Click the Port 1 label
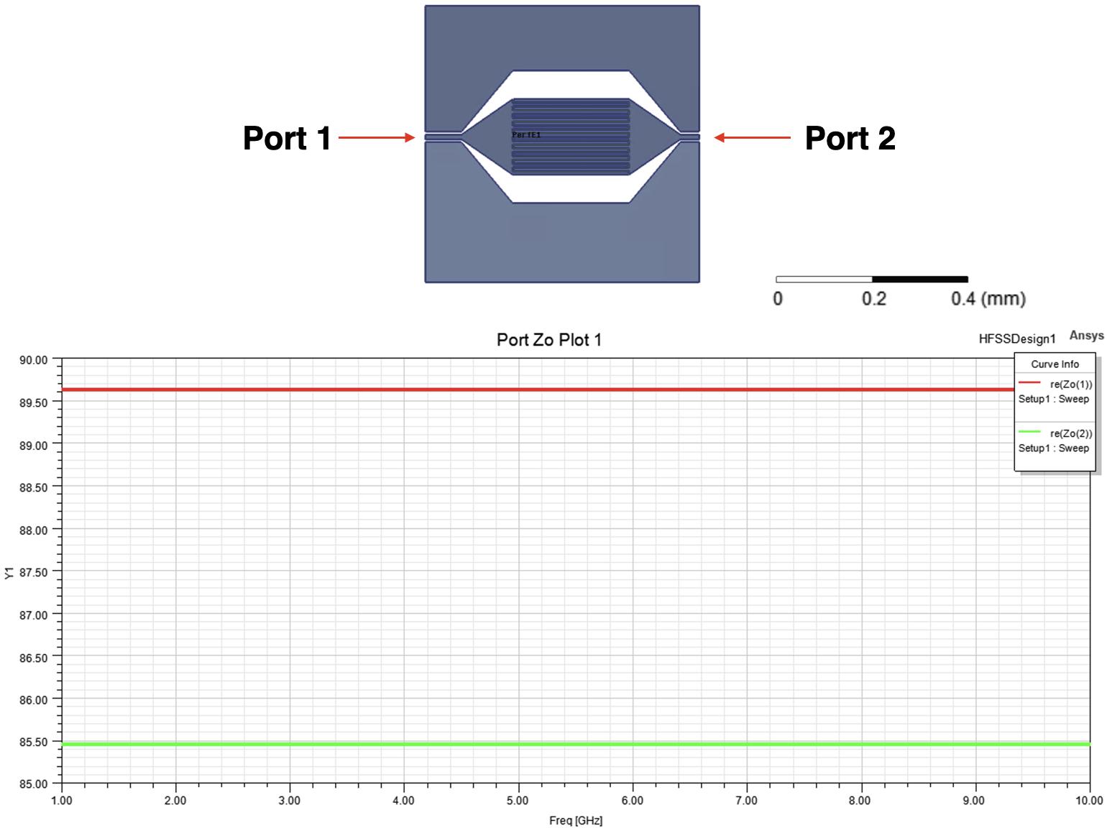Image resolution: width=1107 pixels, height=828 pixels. tap(287, 138)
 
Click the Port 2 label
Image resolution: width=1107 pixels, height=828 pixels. tap(850, 138)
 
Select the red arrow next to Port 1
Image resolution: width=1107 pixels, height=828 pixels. tap(376, 137)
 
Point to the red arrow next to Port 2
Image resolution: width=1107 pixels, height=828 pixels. tap(752, 137)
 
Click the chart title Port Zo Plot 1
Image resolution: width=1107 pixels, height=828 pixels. tap(548, 340)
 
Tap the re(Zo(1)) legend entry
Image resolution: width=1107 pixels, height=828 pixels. tap(1070, 385)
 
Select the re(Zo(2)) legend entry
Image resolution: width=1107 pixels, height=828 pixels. tap(1070, 433)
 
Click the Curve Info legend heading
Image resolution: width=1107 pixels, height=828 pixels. tap(1055, 364)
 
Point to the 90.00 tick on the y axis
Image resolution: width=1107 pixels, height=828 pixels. tap(33, 360)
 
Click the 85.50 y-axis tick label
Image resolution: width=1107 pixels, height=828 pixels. tap(33, 742)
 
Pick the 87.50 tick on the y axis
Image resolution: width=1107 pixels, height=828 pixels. tap(33, 572)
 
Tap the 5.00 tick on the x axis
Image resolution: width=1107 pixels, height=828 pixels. tap(518, 801)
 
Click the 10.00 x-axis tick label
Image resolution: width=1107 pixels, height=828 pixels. tap(1088, 801)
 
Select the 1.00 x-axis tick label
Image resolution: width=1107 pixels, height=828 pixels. tap(62, 801)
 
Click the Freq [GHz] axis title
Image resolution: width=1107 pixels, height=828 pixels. tap(575, 820)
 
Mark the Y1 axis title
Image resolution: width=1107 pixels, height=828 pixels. tap(9, 572)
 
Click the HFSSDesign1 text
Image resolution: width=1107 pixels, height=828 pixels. tap(1016, 339)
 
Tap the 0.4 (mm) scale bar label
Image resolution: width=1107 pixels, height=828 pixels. tap(988, 298)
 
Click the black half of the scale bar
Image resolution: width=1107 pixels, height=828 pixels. tap(920, 279)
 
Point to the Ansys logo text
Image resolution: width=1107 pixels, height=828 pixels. tap(1086, 336)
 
